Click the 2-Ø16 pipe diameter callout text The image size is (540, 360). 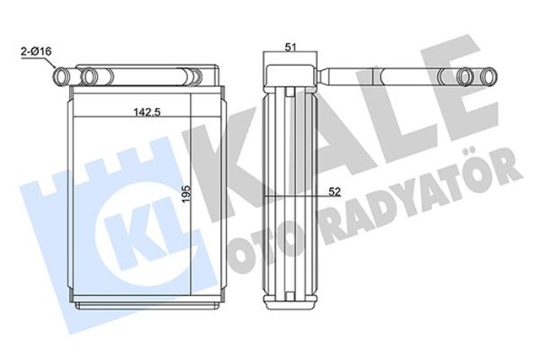36,52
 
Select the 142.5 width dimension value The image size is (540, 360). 148,112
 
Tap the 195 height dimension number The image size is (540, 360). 186,194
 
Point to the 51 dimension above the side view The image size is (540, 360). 291,47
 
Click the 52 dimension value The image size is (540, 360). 334,191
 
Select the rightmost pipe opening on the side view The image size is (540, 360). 489,76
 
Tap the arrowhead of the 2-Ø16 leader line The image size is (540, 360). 53,66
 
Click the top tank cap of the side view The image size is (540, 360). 290,76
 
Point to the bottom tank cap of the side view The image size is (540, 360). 290,301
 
